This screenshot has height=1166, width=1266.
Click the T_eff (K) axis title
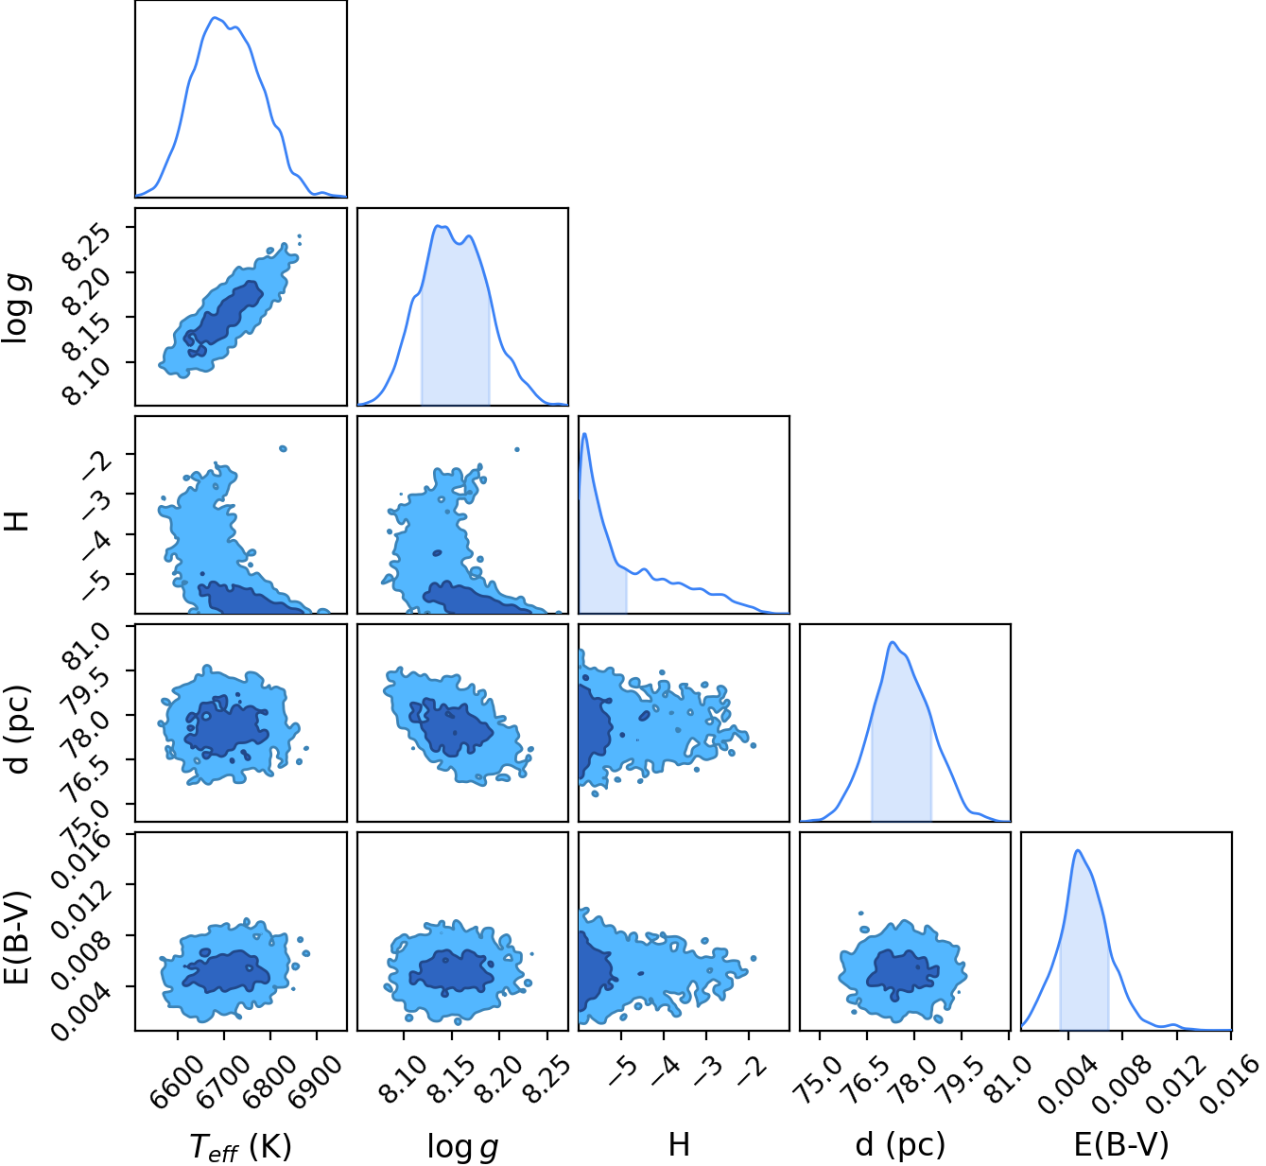pos(240,1144)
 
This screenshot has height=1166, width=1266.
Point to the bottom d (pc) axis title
pos(900,1144)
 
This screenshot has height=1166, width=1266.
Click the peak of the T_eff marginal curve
pos(215,18)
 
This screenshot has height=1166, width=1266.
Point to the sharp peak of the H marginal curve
pos(585,434)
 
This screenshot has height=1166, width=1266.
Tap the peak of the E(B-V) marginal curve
pos(1078,850)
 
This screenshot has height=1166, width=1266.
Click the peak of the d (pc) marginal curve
pos(893,642)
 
